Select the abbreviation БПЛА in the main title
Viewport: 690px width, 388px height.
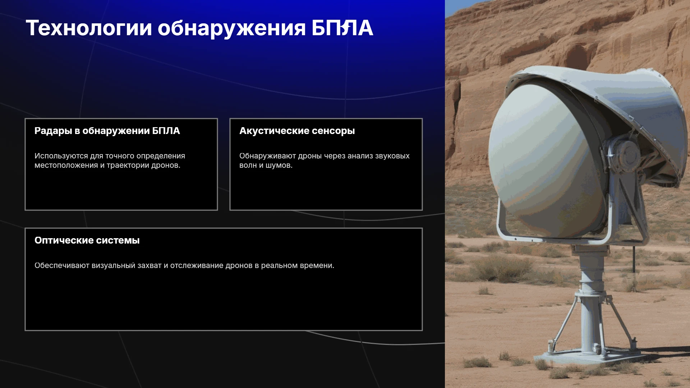(x=342, y=28)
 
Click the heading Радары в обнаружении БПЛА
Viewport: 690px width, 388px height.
(x=107, y=131)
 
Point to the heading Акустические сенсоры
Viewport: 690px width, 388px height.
(x=297, y=131)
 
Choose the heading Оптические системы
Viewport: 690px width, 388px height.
(x=87, y=240)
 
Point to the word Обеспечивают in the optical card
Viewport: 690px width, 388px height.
(x=62, y=265)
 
